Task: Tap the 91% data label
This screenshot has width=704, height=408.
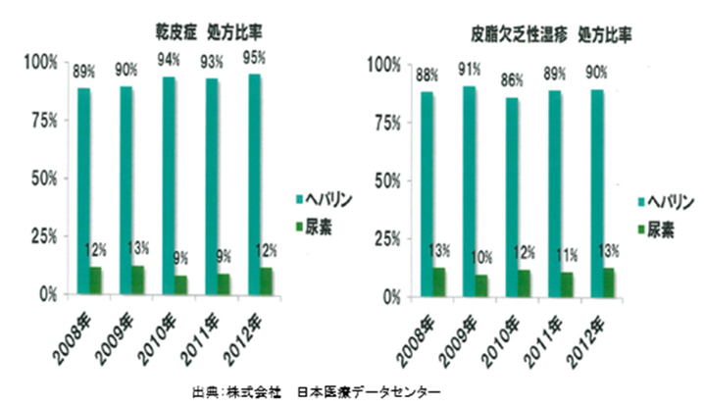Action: tap(470, 70)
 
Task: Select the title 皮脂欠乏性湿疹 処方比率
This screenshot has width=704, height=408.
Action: tap(549, 33)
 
